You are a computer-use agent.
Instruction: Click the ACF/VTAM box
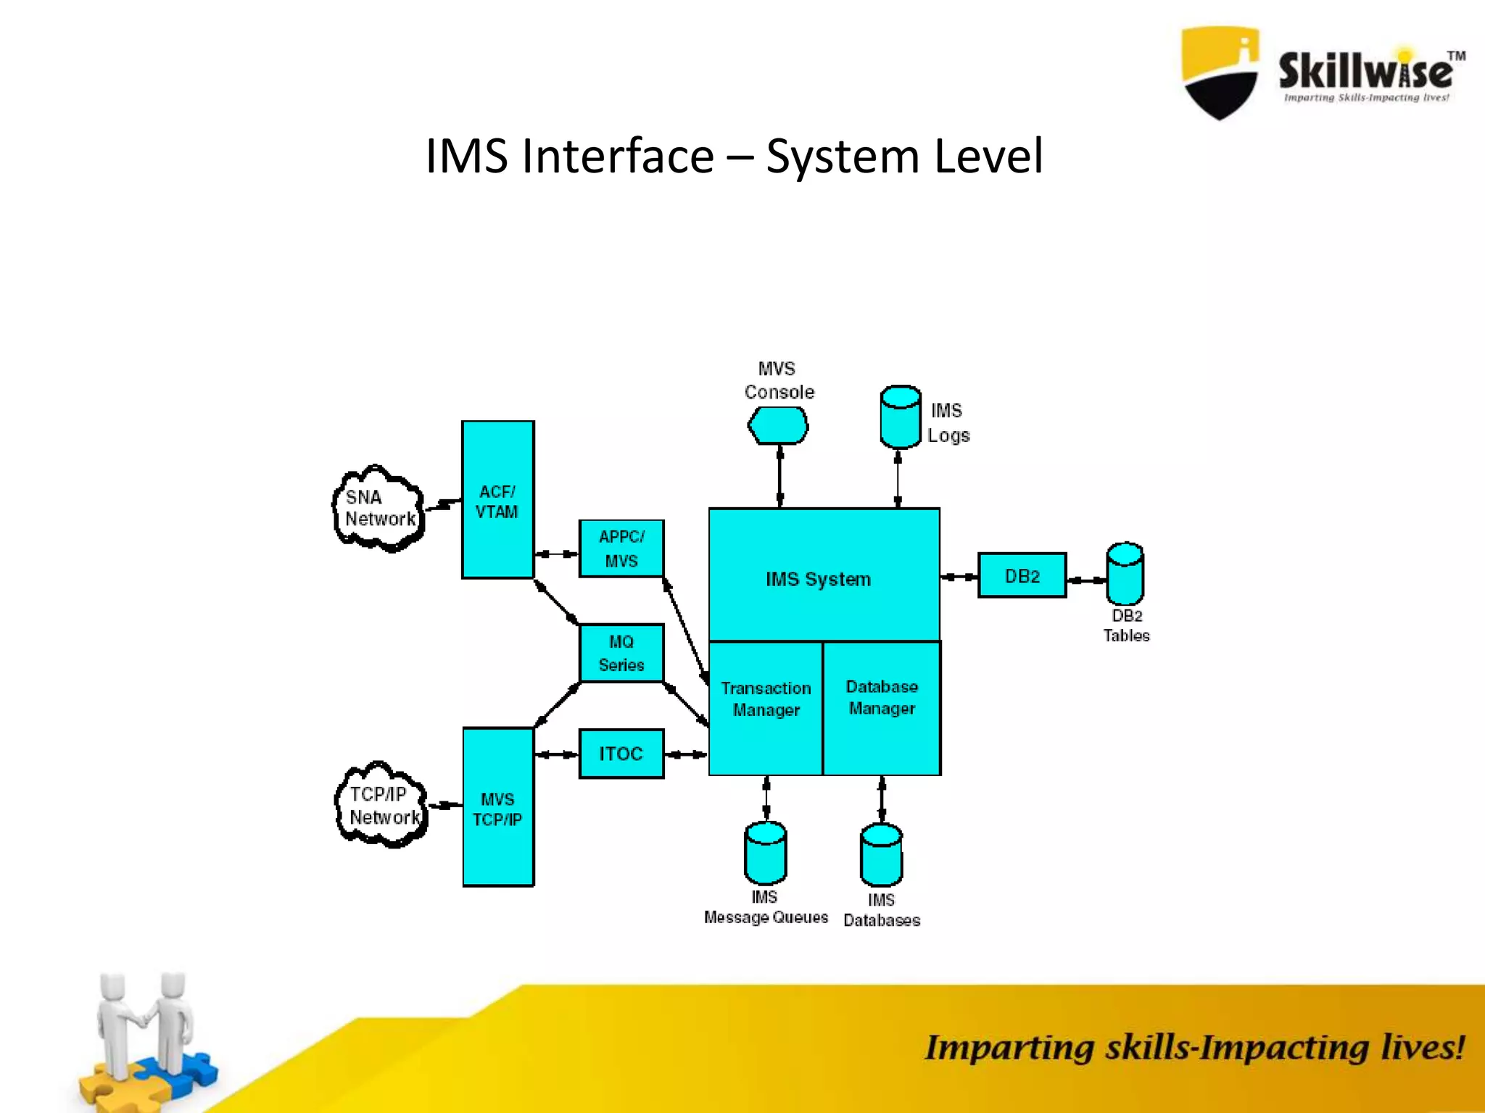click(497, 500)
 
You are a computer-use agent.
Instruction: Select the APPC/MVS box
click(621, 549)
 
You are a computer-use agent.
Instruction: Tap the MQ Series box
click(621, 653)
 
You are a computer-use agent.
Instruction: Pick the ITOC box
click(621, 754)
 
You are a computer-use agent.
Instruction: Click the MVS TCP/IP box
click(497, 807)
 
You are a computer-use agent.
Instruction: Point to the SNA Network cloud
click(379, 508)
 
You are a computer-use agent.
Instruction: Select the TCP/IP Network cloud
click(381, 805)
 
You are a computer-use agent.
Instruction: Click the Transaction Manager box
click(766, 707)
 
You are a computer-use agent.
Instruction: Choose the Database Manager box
click(882, 707)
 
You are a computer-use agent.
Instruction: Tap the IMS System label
click(818, 579)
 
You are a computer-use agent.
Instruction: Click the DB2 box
click(1022, 575)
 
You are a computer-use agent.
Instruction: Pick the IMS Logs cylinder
click(900, 417)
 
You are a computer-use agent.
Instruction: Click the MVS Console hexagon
click(778, 425)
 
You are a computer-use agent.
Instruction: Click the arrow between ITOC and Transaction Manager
click(686, 754)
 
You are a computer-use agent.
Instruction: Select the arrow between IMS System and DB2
click(959, 577)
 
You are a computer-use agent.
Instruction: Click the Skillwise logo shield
click(1220, 72)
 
